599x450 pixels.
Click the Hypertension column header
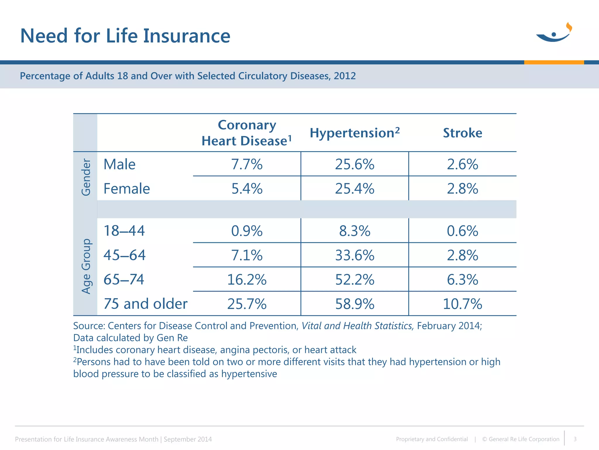[x=354, y=133]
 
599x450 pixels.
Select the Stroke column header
[x=462, y=133]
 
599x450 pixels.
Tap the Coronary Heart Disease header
[x=247, y=133]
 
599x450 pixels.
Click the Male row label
[x=119, y=164]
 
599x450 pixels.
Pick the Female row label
[x=127, y=189]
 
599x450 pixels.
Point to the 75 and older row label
[x=145, y=304]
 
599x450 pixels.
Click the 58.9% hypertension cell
[x=354, y=304]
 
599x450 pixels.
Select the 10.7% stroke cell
[x=462, y=304]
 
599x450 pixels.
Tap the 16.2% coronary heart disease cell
[x=247, y=279]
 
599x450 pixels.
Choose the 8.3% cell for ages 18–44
[x=354, y=231]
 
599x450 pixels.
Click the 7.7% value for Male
[x=247, y=164]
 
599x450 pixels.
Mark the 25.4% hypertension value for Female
[x=354, y=189]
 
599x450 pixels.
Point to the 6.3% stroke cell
[x=462, y=279]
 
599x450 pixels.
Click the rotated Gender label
[x=86, y=177]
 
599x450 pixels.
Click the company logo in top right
[x=554, y=33]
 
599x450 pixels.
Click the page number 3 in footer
[x=575, y=439]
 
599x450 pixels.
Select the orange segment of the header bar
[x=554, y=62]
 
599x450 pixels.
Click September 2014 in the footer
[x=187, y=439]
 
